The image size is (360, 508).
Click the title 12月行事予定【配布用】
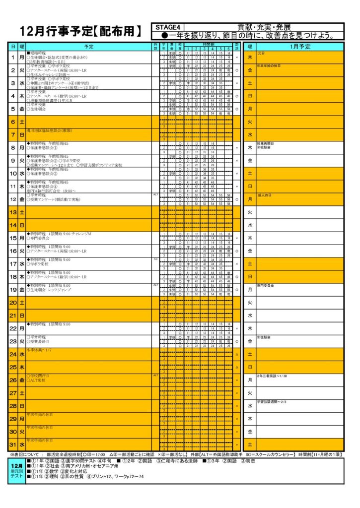pyautogui.click(x=79, y=31)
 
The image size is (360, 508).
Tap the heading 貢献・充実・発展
pyautogui.click(x=264, y=27)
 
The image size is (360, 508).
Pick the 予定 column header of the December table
pyautogui.click(x=88, y=46)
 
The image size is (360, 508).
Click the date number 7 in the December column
pyautogui.click(x=13, y=134)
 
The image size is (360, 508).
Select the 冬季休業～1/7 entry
pyautogui.click(x=40, y=350)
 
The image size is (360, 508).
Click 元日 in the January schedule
pyautogui.click(x=261, y=53)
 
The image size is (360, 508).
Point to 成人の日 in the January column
pyautogui.click(x=263, y=195)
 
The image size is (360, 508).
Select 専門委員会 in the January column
pyautogui.click(x=265, y=286)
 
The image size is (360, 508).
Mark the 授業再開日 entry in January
pyautogui.click(x=264, y=144)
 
